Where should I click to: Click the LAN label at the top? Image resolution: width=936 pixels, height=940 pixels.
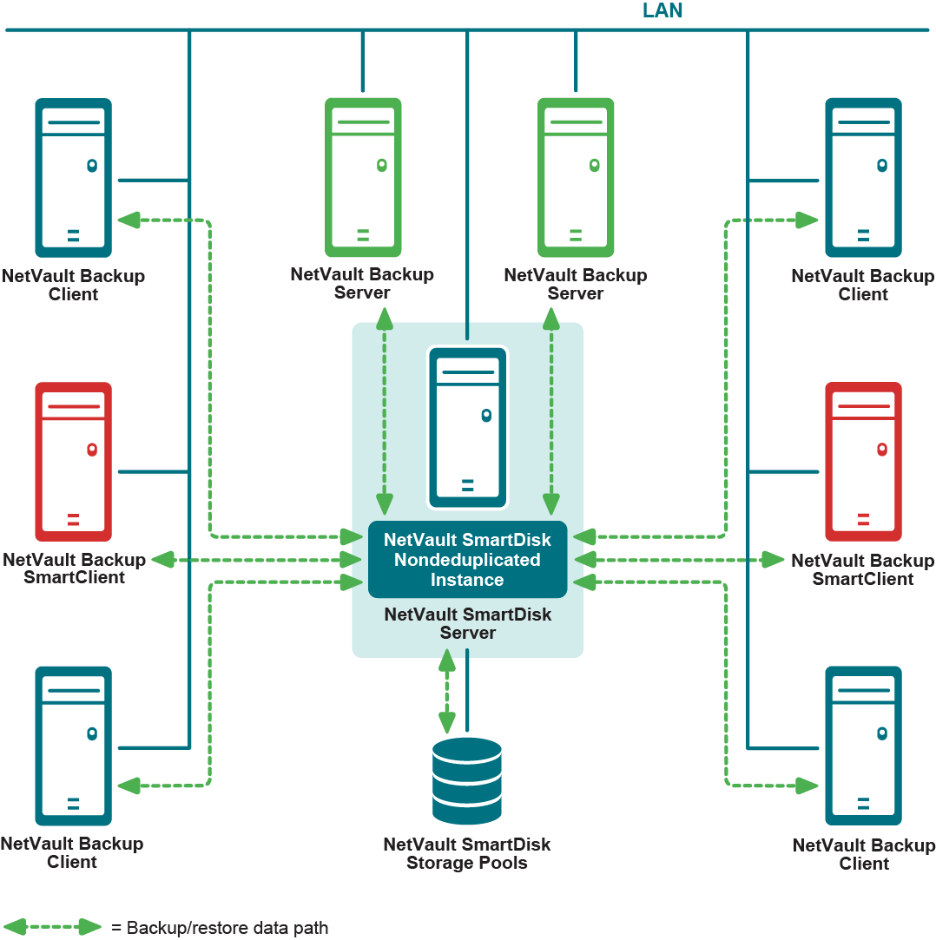(662, 11)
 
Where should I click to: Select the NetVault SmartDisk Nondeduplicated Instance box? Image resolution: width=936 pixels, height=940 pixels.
(467, 560)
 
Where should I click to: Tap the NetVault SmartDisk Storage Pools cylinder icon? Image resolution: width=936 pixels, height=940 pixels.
(467, 781)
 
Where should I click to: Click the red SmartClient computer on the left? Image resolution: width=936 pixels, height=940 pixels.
(73, 462)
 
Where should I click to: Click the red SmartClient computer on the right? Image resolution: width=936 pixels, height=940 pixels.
(863, 462)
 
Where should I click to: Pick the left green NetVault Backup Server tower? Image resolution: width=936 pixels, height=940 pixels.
(363, 177)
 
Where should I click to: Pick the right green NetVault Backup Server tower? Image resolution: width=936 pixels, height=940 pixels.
(576, 177)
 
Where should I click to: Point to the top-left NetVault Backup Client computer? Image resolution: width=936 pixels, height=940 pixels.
(73, 177)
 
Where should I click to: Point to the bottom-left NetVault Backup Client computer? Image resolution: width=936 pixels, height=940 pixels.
(73, 746)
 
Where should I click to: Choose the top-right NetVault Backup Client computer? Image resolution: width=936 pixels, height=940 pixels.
(863, 177)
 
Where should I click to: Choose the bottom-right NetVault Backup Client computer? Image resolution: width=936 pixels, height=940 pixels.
(863, 746)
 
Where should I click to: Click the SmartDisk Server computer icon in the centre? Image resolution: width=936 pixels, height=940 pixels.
(467, 427)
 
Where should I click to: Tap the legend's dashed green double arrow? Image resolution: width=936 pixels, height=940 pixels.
(53, 927)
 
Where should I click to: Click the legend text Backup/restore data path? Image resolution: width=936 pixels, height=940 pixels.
(220, 928)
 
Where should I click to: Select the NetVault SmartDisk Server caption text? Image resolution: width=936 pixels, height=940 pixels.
(467, 623)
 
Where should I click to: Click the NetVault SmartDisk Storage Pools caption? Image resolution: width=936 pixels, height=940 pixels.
(467, 853)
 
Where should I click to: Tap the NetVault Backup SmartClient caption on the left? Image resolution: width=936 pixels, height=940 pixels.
(74, 569)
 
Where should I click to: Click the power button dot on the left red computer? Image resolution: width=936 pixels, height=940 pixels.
(91, 450)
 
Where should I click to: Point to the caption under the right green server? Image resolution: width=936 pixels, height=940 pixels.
(576, 284)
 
